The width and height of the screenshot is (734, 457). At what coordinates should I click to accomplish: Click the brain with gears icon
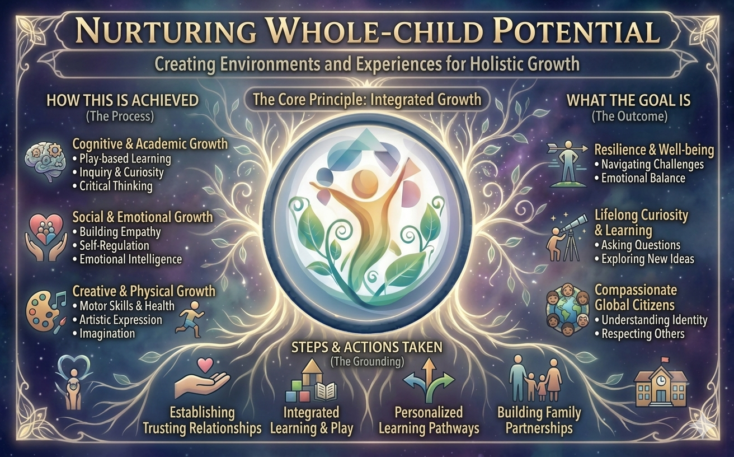(x=45, y=161)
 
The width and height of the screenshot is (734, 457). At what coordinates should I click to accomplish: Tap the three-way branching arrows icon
(x=429, y=380)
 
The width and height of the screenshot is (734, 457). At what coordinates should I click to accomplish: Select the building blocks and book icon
(x=311, y=381)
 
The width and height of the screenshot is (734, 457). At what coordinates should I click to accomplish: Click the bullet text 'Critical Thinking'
(x=116, y=186)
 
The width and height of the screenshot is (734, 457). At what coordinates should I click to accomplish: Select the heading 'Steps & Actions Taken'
(x=366, y=347)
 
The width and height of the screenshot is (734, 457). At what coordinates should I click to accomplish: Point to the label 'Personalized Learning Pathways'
(x=429, y=421)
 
